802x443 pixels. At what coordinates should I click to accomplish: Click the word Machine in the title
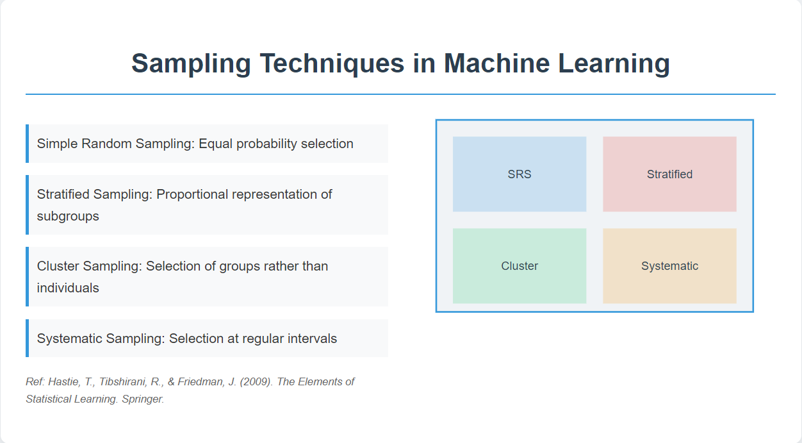(x=496, y=63)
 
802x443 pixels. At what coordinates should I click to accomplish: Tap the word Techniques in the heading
(x=332, y=65)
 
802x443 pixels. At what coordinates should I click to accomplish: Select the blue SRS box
(x=520, y=174)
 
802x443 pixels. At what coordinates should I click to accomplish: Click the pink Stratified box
(x=669, y=174)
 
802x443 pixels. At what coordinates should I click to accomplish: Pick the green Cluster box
(x=520, y=266)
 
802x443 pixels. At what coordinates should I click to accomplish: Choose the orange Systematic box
(x=669, y=266)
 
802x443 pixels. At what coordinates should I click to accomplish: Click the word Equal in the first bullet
(x=215, y=144)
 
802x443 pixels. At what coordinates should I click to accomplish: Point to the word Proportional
(x=193, y=195)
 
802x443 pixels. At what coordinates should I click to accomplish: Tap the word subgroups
(x=68, y=217)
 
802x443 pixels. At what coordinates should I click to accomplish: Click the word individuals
(x=68, y=288)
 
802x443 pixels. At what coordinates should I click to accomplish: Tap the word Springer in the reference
(x=143, y=399)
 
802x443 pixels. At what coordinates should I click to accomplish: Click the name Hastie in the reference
(x=65, y=381)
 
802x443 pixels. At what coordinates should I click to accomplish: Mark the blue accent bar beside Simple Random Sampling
(x=27, y=144)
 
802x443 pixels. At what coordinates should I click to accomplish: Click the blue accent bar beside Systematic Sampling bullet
(x=27, y=339)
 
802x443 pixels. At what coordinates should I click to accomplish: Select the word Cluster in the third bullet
(x=58, y=266)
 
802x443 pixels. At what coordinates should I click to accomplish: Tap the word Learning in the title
(x=614, y=65)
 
